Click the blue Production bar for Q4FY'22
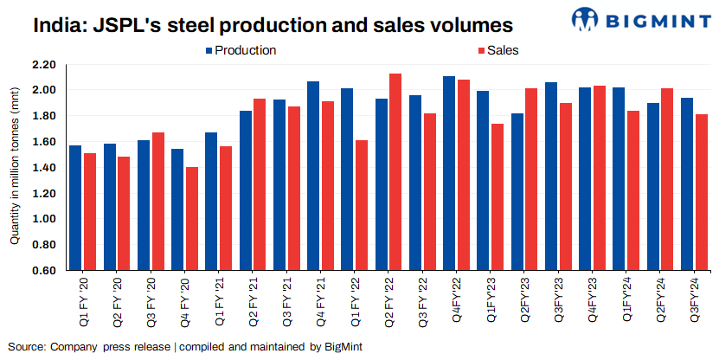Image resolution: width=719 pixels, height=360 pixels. (449, 173)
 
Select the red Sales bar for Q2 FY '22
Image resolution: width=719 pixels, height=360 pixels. (395, 172)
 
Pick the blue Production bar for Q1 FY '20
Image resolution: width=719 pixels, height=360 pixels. (75, 208)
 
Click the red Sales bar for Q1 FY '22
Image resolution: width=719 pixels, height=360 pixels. (361, 205)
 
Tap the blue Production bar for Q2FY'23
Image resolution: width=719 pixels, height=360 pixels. (517, 191)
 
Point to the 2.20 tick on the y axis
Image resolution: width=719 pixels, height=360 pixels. (43, 65)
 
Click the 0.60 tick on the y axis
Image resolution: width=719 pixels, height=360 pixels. (43, 271)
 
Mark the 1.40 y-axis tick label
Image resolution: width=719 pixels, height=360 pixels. (43, 168)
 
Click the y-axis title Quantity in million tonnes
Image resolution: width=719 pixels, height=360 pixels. (14, 168)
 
